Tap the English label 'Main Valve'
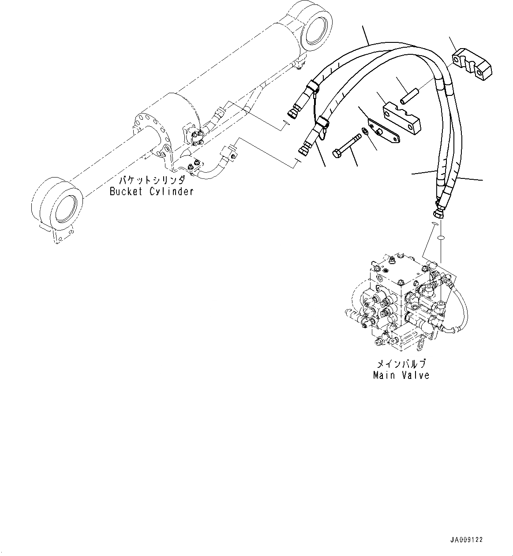[x=401, y=375]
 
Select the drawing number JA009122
[x=467, y=540]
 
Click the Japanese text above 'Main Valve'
[x=401, y=364]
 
